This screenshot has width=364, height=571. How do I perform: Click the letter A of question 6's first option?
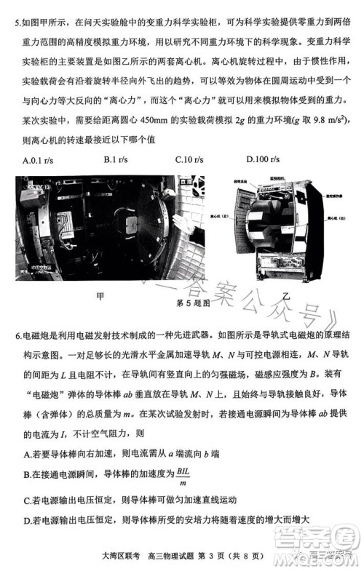coord(28,454)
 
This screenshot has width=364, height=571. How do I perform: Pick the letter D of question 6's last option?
coord(28,521)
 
